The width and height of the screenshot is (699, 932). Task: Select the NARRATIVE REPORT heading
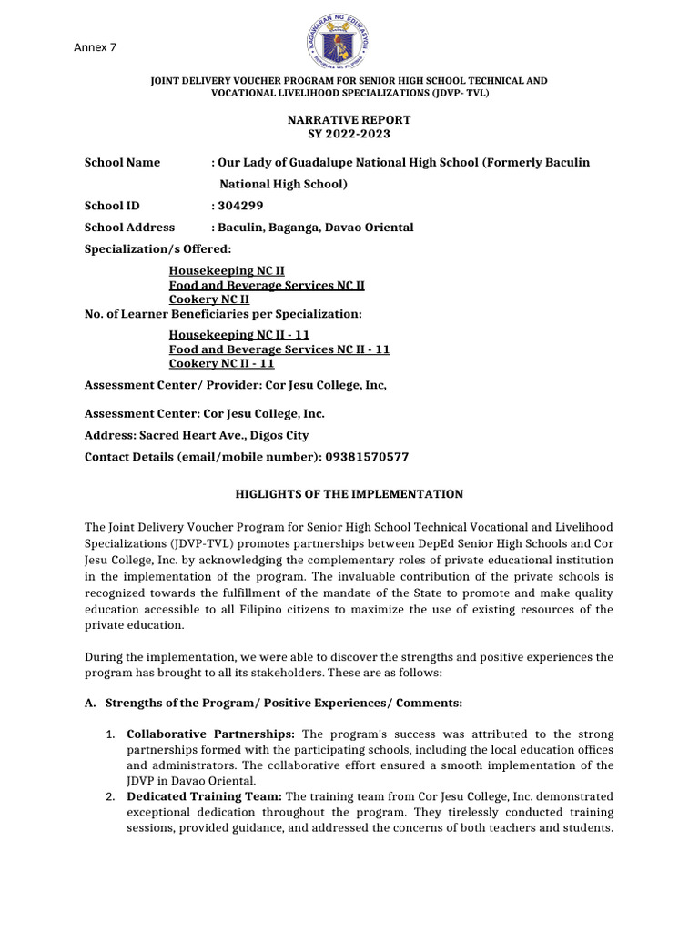(349, 119)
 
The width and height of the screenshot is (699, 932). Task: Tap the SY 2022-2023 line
(349, 134)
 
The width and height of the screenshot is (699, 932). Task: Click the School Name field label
(122, 162)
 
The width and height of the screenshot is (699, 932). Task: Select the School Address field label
(129, 228)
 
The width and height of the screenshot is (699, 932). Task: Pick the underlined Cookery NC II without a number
(208, 299)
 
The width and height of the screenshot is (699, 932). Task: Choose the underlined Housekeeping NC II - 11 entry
(238, 335)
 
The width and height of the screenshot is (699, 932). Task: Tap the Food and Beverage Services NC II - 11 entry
(279, 349)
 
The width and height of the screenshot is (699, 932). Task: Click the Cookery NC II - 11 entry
(221, 363)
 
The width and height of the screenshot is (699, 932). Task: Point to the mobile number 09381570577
(361, 457)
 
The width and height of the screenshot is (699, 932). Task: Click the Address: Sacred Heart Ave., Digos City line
(197, 435)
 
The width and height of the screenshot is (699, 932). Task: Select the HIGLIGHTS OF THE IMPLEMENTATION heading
(349, 494)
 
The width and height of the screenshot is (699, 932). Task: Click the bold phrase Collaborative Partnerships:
(211, 734)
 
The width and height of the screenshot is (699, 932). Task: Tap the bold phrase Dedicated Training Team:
(205, 795)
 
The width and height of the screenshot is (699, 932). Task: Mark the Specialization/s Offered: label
(157, 249)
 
